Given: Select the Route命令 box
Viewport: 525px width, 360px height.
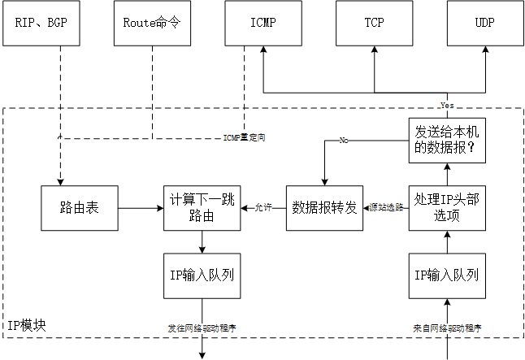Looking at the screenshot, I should point(151,23).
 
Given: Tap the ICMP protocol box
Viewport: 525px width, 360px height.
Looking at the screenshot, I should point(262,23).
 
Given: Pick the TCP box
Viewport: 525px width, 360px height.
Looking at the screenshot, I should point(374,23).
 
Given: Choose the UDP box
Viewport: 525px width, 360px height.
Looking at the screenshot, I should point(484,23).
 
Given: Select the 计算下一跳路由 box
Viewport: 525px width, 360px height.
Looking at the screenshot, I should point(202,208).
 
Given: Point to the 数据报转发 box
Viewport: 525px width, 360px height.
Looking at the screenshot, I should point(324,208).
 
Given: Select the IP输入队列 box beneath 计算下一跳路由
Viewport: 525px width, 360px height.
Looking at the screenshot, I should point(202,275).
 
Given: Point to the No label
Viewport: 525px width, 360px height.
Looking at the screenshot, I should point(344,141).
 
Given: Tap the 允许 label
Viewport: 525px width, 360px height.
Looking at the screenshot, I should point(264,208).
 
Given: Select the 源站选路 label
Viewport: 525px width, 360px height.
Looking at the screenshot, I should point(386,208).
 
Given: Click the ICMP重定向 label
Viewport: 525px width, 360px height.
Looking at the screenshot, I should point(244,138).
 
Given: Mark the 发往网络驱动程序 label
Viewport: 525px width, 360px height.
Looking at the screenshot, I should point(202,328).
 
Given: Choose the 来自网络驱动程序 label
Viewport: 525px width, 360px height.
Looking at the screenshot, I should point(447,328).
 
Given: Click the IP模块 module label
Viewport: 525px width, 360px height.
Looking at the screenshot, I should point(26,325).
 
